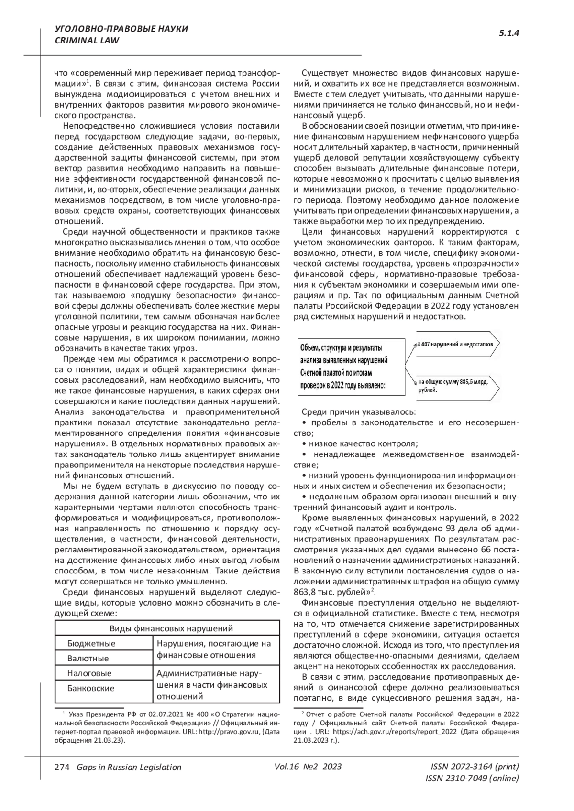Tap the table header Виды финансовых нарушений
[x=167, y=628]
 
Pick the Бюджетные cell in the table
[x=91, y=643]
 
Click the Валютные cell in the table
[x=88, y=658]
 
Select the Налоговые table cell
[x=89, y=673]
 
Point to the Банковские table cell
[x=91, y=688]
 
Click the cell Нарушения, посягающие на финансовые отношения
[x=214, y=649]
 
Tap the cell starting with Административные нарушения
[x=212, y=684]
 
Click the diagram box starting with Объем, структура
[x=344, y=367]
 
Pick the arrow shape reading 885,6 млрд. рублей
[x=454, y=386]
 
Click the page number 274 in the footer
[x=62, y=767]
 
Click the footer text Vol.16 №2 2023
[x=308, y=767]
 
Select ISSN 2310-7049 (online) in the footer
[x=472, y=779]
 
